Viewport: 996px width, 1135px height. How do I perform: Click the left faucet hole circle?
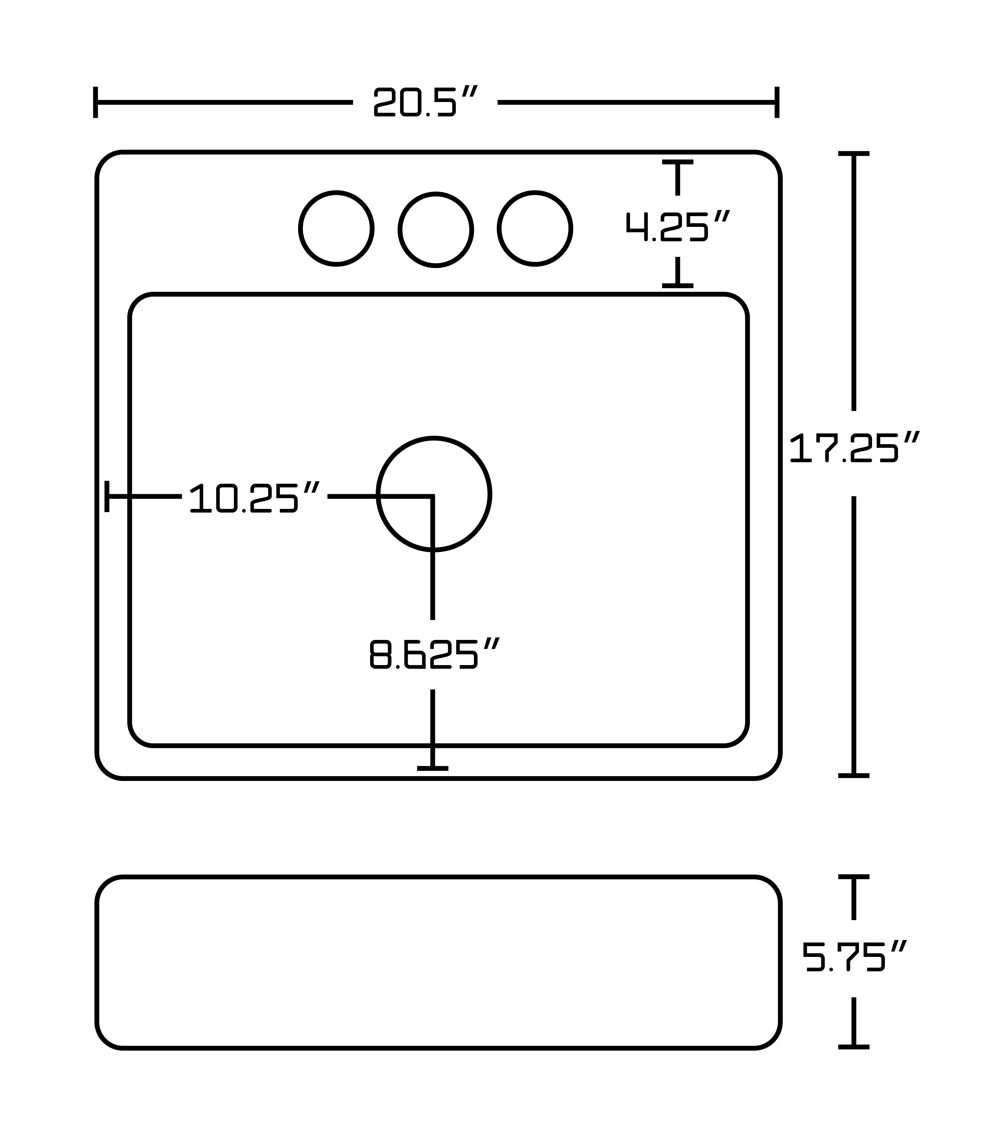336,229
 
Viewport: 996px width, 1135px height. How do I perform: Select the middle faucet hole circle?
435,230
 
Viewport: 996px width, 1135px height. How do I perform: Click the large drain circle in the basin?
434,494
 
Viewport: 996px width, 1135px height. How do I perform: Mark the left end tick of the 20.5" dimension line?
96,102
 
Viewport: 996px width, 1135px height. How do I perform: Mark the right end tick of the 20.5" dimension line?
777,102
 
